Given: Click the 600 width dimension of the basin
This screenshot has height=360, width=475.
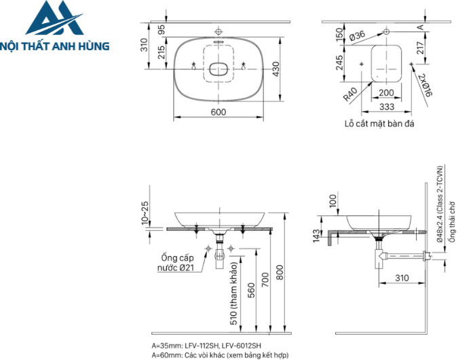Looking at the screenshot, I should (218, 112).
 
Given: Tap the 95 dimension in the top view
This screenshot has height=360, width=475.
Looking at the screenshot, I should (161, 30).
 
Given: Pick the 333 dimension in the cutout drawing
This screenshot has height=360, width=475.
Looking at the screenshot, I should (386, 107).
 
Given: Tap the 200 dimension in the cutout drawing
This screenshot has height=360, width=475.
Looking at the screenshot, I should (386, 92).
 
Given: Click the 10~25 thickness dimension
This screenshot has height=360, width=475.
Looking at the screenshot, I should (145, 213).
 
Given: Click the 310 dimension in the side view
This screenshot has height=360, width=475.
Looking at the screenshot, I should (402, 278).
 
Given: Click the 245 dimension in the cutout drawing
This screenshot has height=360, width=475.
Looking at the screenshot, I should (340, 63).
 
